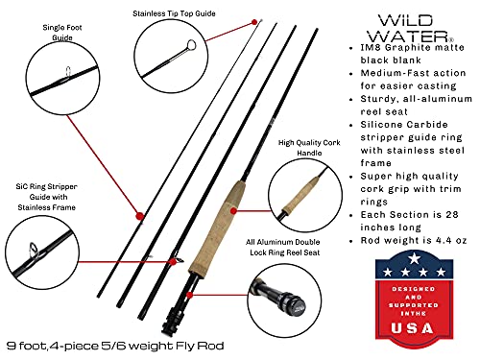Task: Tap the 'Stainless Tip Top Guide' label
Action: click(176, 14)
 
